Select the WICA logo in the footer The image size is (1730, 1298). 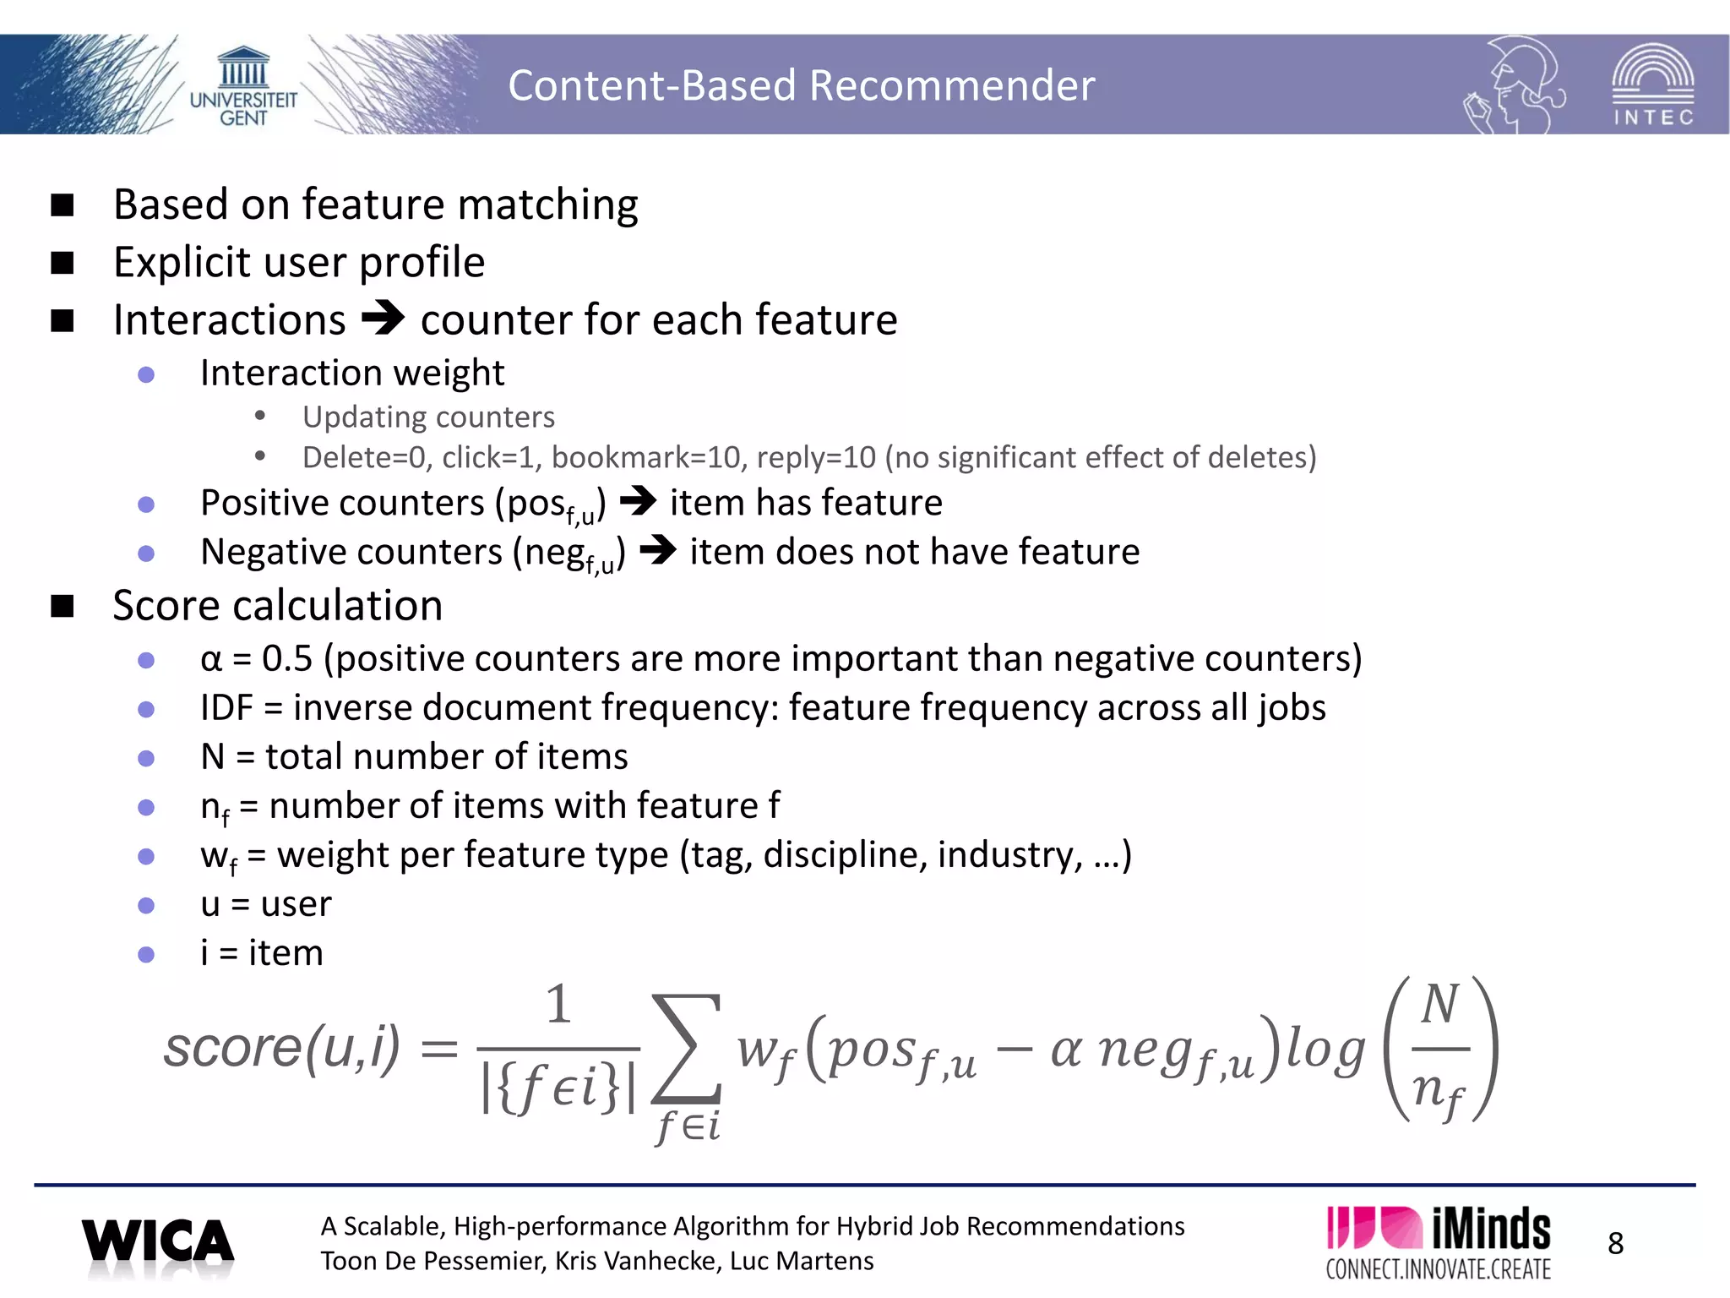click(x=158, y=1244)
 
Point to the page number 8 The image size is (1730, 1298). click(x=1615, y=1243)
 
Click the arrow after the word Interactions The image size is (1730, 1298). click(x=383, y=319)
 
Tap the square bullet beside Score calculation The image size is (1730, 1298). click(x=63, y=606)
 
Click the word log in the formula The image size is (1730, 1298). click(x=1325, y=1050)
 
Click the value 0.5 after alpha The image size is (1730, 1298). click(x=287, y=658)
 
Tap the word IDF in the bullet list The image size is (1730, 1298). click(x=226, y=707)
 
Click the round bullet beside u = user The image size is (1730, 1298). click(x=146, y=905)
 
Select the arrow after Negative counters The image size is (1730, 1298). click(x=658, y=551)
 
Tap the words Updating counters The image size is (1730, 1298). click(x=428, y=417)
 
